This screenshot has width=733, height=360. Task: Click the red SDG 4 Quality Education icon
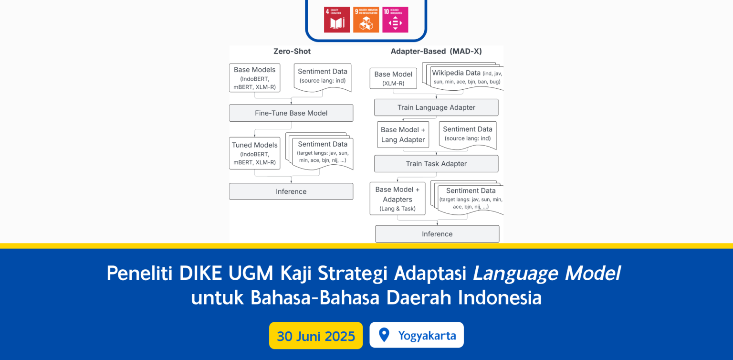[336, 20]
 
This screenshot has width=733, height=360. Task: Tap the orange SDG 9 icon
[366, 20]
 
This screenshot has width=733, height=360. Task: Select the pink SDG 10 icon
[395, 20]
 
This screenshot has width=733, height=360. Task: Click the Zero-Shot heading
[292, 51]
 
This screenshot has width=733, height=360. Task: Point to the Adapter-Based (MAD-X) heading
[436, 51]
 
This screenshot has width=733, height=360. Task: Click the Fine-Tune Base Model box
[291, 113]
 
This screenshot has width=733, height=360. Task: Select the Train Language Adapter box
[436, 107]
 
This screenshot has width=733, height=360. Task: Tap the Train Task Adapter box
[436, 164]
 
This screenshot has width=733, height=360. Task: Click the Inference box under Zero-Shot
[291, 191]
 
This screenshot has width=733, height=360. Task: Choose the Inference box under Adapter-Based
[437, 234]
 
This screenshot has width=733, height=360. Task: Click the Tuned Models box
[254, 153]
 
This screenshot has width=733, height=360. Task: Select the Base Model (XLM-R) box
[393, 78]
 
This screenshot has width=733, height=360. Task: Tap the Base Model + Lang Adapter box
[403, 135]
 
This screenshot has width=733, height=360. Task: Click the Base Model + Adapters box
[397, 199]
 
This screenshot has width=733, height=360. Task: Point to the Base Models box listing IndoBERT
[254, 78]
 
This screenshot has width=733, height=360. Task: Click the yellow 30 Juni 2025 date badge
[316, 336]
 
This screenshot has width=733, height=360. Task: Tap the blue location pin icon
[384, 335]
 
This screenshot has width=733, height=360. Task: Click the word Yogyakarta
[427, 336]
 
